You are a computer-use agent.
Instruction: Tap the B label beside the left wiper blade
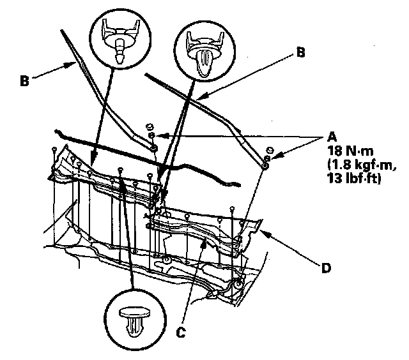click(x=23, y=81)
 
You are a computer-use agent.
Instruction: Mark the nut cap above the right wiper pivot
click(x=268, y=151)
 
